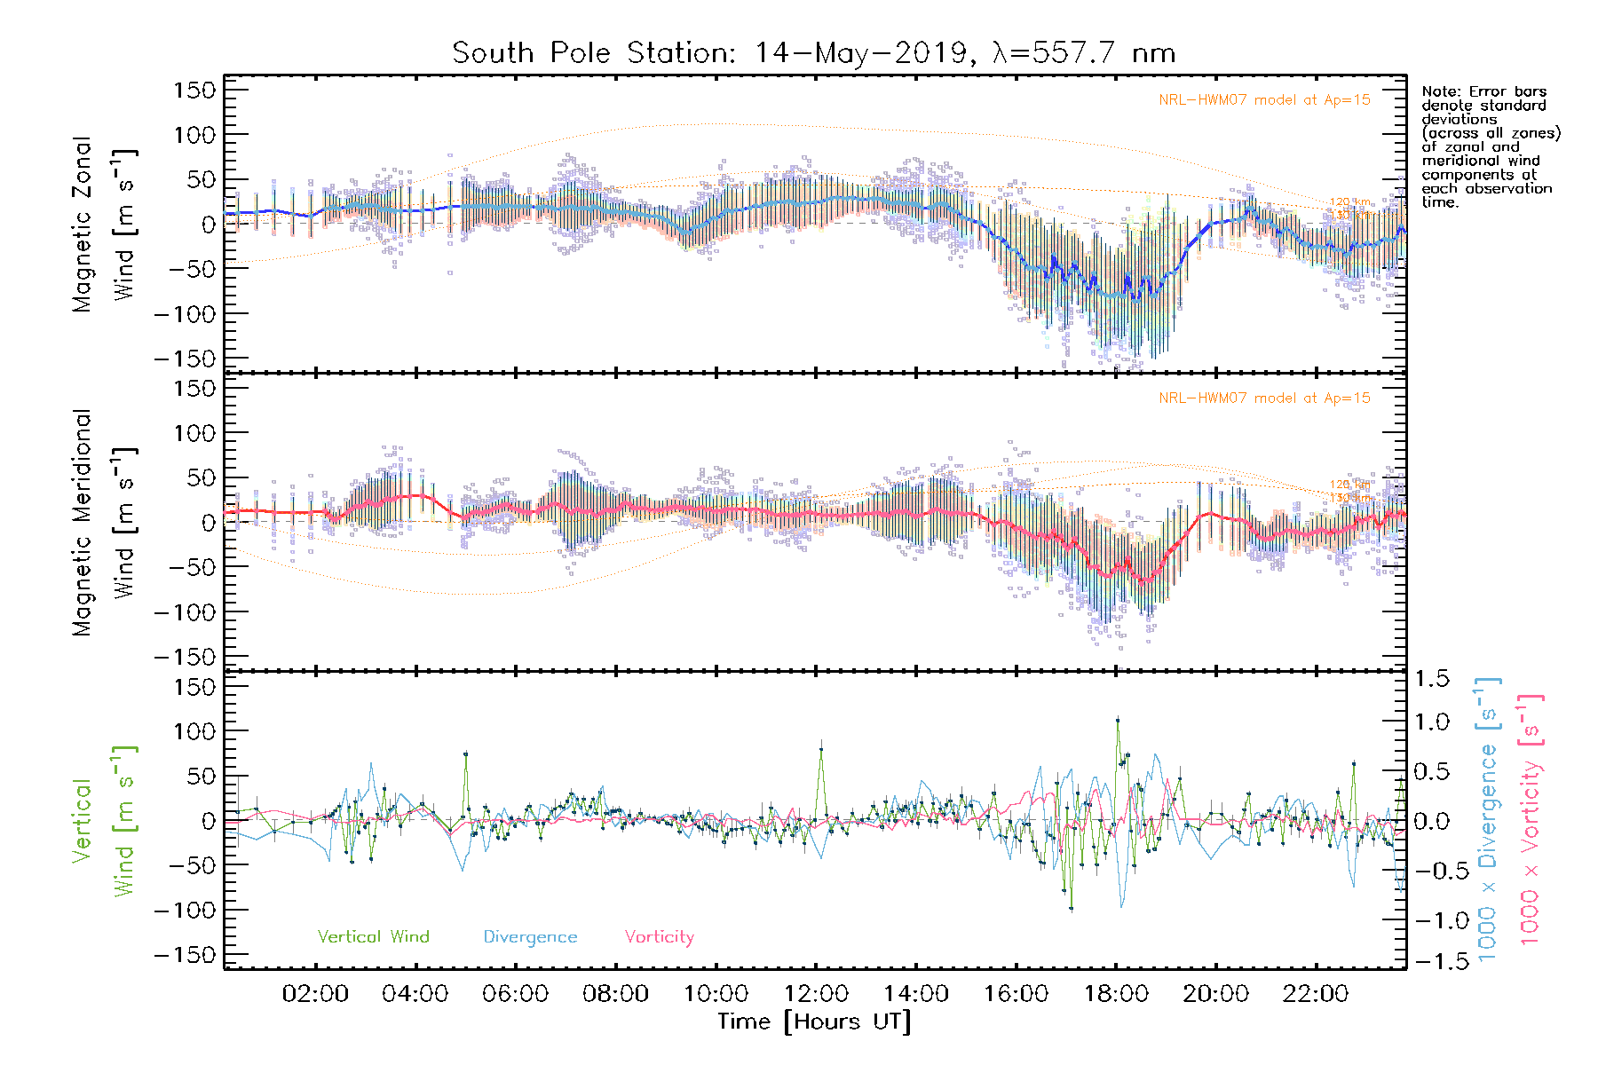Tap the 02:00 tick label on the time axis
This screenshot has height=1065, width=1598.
click(x=315, y=994)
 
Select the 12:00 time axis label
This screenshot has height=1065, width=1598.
click(x=816, y=994)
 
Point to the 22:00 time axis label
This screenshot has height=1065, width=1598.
click(x=1316, y=994)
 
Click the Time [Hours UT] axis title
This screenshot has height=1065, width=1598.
click(x=814, y=1022)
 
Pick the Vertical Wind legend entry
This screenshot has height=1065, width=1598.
click(x=373, y=937)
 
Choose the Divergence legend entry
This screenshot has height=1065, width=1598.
click(x=530, y=937)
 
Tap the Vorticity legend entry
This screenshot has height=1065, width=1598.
click(x=659, y=937)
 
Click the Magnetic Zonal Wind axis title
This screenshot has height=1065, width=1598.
click(x=103, y=224)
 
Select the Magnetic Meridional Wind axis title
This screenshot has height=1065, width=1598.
click(x=103, y=522)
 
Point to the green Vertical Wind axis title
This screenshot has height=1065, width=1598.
click(x=103, y=821)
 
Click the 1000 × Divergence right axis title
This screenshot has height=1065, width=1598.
click(x=1488, y=821)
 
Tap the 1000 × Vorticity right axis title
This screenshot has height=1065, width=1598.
click(x=1531, y=821)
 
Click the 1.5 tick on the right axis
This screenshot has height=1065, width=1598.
click(x=1432, y=679)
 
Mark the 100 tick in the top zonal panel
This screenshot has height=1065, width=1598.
click(x=195, y=135)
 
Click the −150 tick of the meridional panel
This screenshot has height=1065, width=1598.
click(x=185, y=657)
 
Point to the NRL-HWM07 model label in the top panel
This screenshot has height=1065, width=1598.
click(x=1264, y=100)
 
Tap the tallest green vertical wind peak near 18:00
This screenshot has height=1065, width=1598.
click(x=1118, y=720)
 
